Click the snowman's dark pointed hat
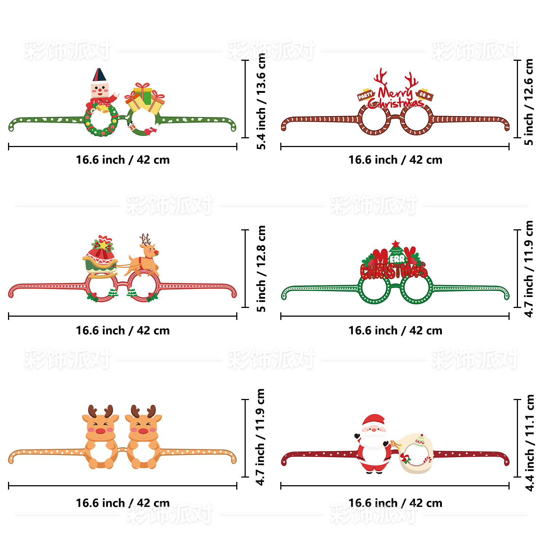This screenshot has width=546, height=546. click(99, 75)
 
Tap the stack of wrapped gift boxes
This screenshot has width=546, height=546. click(145, 98)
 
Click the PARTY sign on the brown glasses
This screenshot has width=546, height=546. click(365, 95)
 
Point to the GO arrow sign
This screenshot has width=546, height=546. click(424, 95)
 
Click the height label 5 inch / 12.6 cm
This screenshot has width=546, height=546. click(529, 102)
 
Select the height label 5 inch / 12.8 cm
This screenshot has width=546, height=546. click(261, 269)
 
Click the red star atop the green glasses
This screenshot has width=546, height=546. click(396, 244)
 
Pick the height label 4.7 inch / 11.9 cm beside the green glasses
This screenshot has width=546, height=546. click(529, 269)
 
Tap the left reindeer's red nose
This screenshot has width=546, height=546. click(100, 431)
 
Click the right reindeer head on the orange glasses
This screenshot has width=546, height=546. click(143, 424)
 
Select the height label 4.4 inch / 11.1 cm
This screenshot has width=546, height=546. click(530, 443)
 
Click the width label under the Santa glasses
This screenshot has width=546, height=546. click(395, 503)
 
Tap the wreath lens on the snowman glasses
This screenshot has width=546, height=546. click(101, 120)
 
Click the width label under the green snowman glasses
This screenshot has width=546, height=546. click(123, 160)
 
